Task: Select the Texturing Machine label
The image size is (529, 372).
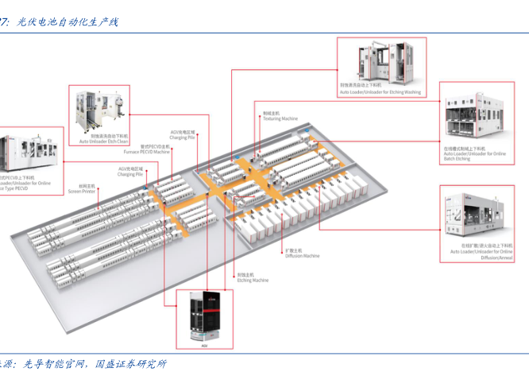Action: click(x=280, y=118)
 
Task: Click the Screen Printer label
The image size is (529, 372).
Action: click(x=81, y=191)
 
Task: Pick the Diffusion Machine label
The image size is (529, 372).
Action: click(x=302, y=256)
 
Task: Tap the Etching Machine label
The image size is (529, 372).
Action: click(x=253, y=280)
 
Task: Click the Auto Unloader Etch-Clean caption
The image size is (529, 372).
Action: click(x=103, y=141)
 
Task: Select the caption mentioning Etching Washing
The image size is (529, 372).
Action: click(x=380, y=91)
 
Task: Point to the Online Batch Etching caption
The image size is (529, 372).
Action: click(x=474, y=155)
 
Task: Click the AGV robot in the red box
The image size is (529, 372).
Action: click(x=204, y=318)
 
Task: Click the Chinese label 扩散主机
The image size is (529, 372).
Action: click(x=292, y=250)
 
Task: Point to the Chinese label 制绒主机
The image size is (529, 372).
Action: click(x=270, y=113)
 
